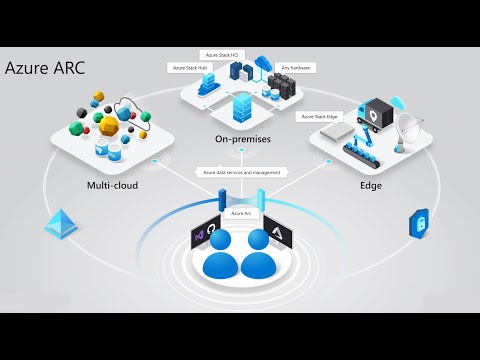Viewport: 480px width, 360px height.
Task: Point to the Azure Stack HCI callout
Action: click(223, 54)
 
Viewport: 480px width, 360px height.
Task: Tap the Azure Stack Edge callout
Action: click(319, 116)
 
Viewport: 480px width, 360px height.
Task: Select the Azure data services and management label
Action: click(241, 172)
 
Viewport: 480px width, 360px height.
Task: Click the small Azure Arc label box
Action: click(241, 213)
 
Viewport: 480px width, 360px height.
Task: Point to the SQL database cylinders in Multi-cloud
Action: click(104, 150)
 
